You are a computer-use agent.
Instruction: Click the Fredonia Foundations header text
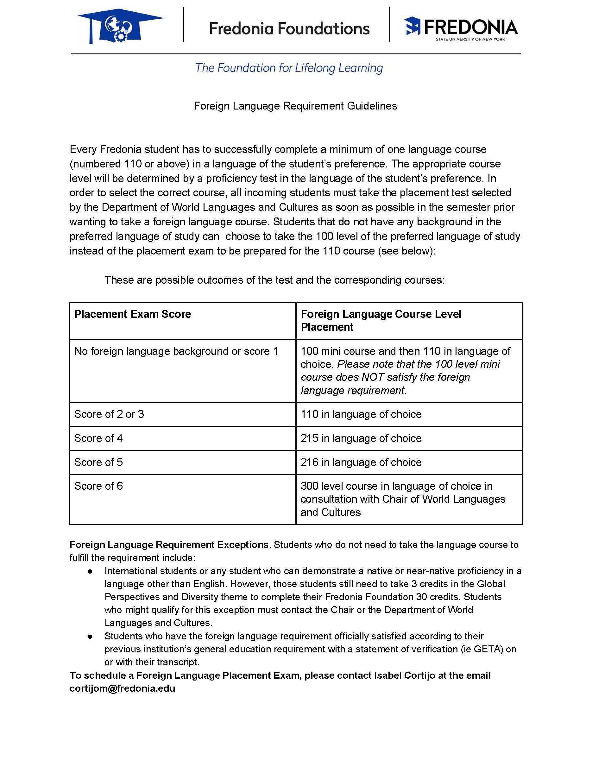pos(289,28)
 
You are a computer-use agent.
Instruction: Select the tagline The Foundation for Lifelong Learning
pos(289,68)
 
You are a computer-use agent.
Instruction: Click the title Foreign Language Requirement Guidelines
pos(295,106)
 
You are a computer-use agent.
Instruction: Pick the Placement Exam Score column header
pos(133,314)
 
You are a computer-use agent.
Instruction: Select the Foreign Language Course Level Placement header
pos(381,320)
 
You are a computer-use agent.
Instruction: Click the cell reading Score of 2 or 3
pos(109,414)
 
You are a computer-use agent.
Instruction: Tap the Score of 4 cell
pos(98,438)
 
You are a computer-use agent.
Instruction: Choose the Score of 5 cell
pos(98,462)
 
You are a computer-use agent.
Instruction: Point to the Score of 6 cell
pos(98,486)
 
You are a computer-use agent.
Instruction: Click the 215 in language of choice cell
pos(361,438)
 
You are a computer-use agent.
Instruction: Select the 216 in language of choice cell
pos(361,462)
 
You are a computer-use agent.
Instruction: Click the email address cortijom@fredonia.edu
pos(123,688)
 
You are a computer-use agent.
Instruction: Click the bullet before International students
pos(90,571)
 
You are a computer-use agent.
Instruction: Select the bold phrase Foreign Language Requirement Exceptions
pos(169,545)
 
